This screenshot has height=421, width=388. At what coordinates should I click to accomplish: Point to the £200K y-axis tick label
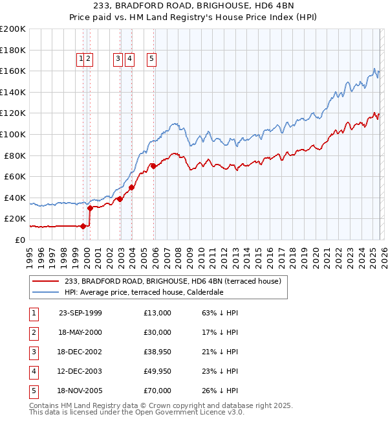click(13, 29)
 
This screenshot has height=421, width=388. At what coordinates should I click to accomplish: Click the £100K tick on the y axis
click(13, 134)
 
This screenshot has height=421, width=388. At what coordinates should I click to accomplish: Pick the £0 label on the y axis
click(19, 240)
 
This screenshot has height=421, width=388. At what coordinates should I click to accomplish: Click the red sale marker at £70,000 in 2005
click(153, 166)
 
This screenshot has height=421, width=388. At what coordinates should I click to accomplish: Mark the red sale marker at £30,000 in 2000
click(91, 208)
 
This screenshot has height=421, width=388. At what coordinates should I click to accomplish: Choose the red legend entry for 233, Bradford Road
click(172, 282)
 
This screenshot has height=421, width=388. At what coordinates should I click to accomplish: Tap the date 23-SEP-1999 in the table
click(80, 313)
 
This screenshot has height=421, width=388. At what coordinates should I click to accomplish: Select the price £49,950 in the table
click(157, 371)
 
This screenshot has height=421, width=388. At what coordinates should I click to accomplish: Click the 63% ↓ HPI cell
click(221, 313)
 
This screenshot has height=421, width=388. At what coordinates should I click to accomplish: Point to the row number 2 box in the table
click(32, 332)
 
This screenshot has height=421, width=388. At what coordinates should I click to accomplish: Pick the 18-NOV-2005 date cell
click(80, 391)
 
